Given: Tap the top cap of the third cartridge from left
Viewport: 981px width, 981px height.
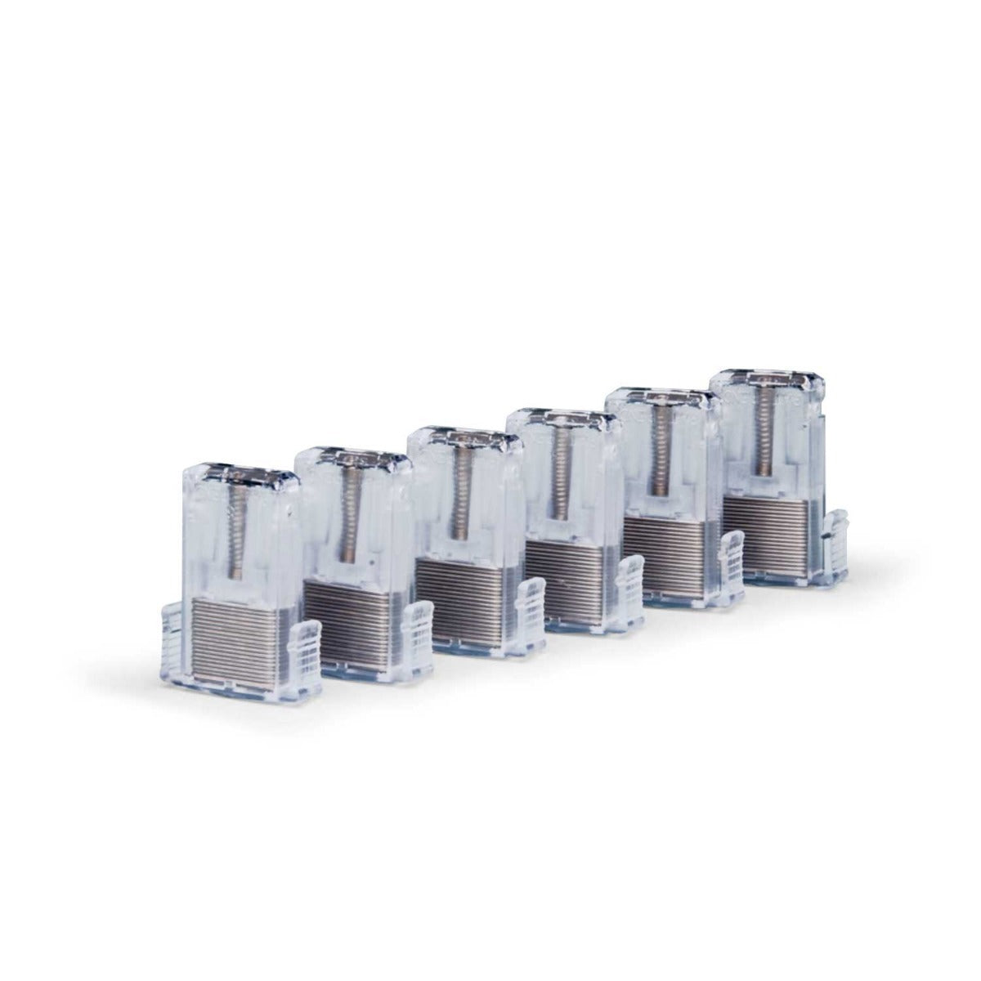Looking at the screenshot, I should pyautogui.click(x=464, y=437).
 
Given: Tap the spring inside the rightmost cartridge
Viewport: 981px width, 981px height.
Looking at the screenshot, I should pyautogui.click(x=764, y=433).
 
